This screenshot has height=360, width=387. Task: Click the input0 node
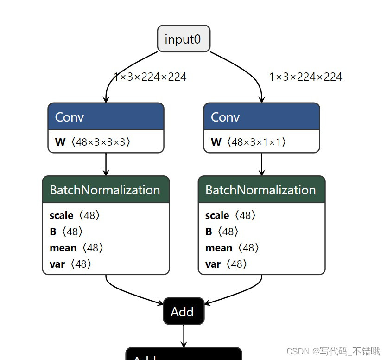point(184,39)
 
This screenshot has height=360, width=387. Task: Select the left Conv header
point(106,116)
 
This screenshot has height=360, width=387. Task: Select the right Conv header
point(261,116)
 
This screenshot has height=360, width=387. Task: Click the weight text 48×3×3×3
point(100,142)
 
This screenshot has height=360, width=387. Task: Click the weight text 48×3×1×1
point(256,142)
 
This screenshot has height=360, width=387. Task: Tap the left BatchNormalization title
point(105,190)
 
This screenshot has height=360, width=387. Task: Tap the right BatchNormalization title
point(261,190)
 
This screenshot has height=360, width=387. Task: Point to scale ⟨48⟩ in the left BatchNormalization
point(75,215)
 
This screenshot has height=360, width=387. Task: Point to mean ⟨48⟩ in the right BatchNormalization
point(232,248)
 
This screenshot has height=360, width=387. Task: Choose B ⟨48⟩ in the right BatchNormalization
point(222,231)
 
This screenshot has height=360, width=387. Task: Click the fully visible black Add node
point(184,311)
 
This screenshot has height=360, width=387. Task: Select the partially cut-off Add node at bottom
point(184,354)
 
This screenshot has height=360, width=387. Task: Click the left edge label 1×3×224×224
point(150,77)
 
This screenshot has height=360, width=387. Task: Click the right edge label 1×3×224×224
point(305,77)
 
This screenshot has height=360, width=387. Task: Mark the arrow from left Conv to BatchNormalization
point(106,164)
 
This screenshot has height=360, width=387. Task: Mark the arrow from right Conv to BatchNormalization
point(261,164)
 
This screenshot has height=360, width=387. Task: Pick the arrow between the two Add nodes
point(184,335)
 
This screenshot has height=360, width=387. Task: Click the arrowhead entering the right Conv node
point(261,99)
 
